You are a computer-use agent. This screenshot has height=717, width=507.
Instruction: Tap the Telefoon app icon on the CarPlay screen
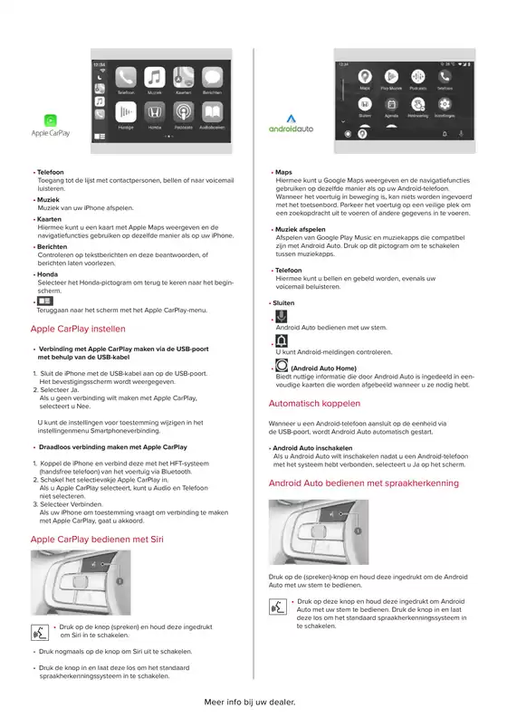pos(126,79)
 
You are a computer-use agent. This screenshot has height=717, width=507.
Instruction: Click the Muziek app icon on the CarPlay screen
pos(155,79)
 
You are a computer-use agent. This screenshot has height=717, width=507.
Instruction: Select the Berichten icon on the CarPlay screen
pos(212,79)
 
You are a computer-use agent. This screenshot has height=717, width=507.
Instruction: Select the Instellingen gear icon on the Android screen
pos(445,104)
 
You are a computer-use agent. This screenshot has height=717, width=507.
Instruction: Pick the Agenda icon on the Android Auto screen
pos(391,104)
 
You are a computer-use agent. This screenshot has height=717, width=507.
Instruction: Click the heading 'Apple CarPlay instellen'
pos(78,329)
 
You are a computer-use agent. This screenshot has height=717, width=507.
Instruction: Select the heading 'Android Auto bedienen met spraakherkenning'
pos(364,483)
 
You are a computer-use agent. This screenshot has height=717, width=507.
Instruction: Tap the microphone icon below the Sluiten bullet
pos(281,316)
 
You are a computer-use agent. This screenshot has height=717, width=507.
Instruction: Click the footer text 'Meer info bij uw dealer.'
pos(250,701)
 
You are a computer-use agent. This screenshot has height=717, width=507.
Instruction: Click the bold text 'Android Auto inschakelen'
pos(312,448)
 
